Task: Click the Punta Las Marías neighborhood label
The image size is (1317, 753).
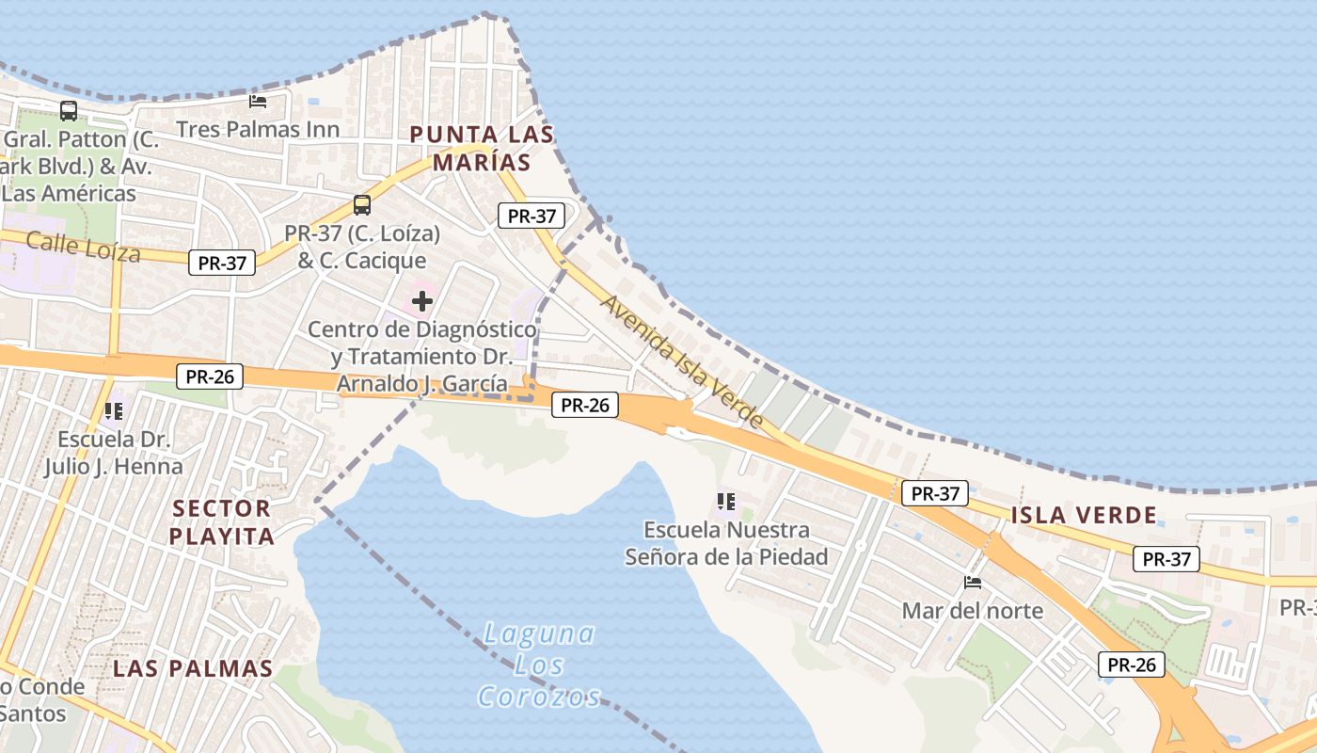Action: coord(482,148)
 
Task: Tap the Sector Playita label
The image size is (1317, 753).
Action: coord(224,522)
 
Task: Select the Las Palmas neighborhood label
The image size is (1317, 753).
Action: coord(193,669)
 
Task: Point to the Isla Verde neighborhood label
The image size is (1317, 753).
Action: coord(1084,515)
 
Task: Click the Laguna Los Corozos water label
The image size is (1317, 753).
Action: coord(539,665)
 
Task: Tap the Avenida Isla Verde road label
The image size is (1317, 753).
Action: coord(682,361)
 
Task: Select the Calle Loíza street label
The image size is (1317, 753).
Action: coord(83,247)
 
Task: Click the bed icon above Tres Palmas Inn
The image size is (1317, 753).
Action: coord(258,101)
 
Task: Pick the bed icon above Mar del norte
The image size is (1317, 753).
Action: coord(973,583)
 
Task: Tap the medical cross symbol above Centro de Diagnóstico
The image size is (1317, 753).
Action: coord(422,301)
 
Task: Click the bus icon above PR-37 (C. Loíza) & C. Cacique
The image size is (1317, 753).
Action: coord(362,204)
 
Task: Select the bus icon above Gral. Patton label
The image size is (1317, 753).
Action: coord(69,110)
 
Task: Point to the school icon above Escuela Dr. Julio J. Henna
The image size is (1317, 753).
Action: coord(114,410)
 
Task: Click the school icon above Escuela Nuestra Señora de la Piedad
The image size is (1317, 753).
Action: coord(725,501)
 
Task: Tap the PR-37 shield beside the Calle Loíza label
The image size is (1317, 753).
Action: coord(222,263)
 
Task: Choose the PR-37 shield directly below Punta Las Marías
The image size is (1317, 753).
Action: coord(532,216)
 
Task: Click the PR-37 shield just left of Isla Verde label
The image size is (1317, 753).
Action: coord(934,492)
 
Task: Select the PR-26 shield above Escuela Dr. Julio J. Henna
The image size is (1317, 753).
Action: coord(209,376)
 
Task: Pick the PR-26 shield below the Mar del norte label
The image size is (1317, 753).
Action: coord(1131,665)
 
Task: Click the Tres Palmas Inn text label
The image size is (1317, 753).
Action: coord(258,129)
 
